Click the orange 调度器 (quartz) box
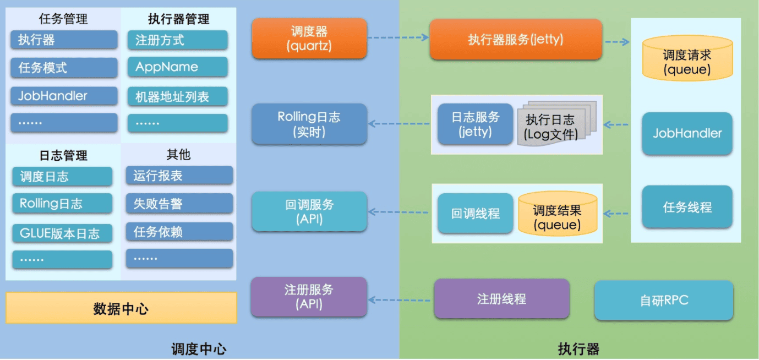(x=309, y=39)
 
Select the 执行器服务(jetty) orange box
(x=516, y=40)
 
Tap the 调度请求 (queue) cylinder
(x=687, y=62)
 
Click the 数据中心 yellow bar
(x=121, y=308)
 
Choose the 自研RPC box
(x=664, y=301)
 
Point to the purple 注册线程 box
(x=501, y=299)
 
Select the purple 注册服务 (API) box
(x=309, y=297)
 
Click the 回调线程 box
(x=476, y=214)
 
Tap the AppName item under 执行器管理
(x=177, y=67)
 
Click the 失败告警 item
(x=179, y=204)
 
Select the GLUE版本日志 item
(x=62, y=233)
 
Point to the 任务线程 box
(x=687, y=208)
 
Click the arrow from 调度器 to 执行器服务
(x=397, y=37)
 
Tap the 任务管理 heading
(x=63, y=19)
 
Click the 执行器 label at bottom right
(x=578, y=349)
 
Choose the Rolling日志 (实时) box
(x=309, y=124)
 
